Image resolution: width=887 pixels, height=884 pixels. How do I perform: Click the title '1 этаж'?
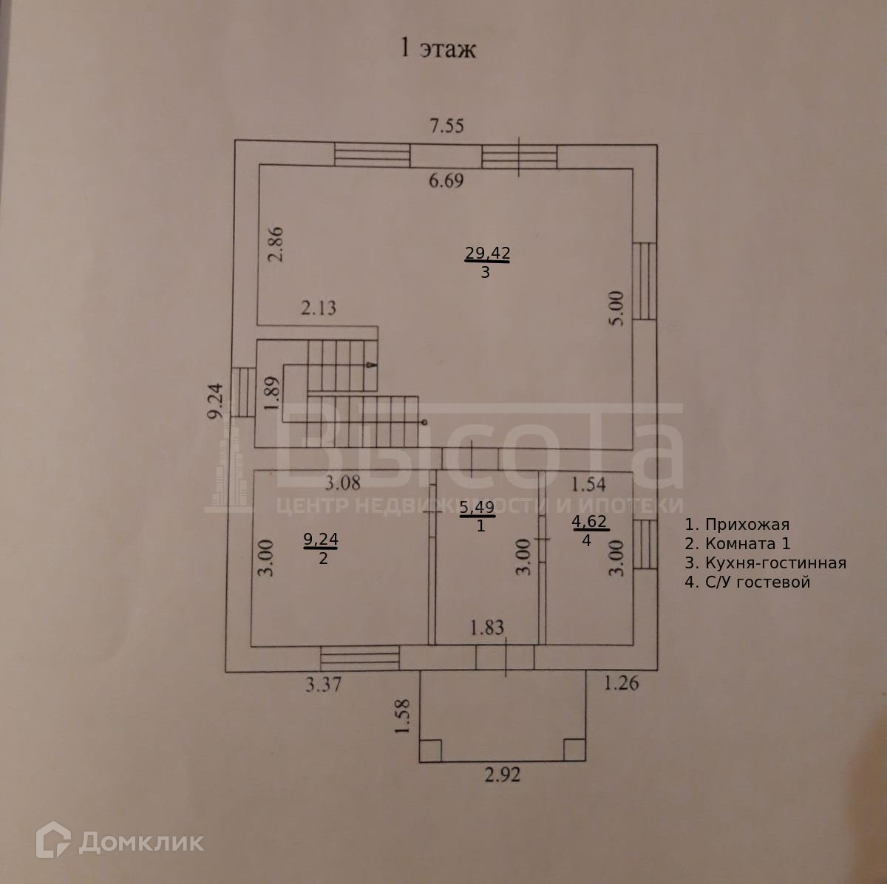tap(438, 49)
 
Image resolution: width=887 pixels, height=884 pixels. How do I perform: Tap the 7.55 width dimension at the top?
tap(447, 126)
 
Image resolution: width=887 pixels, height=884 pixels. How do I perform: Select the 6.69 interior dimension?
tap(446, 180)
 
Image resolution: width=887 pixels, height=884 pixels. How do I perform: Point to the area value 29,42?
tap(487, 254)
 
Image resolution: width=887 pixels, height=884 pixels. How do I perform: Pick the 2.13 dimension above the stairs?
tap(318, 307)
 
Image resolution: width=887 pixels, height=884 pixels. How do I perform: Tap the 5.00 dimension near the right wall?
tap(618, 308)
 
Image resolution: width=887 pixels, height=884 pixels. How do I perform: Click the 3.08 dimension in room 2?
tap(344, 483)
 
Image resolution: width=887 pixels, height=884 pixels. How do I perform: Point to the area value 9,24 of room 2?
tap(321, 540)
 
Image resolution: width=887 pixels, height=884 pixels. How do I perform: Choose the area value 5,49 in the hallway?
tap(477, 507)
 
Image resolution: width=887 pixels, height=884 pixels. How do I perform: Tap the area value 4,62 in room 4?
tap(590, 522)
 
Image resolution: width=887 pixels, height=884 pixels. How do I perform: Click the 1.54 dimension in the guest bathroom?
tap(589, 485)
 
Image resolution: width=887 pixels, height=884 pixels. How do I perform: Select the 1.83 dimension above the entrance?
tap(487, 628)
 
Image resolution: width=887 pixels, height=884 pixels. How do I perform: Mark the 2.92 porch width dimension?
tap(503, 775)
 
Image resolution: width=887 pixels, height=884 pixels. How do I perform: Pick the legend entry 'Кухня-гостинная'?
tap(765, 563)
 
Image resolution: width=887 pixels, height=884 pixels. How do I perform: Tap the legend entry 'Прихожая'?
tap(737, 525)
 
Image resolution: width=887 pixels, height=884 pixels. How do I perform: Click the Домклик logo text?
tap(140, 841)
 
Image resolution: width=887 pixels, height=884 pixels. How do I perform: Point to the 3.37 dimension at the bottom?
tap(323, 684)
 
